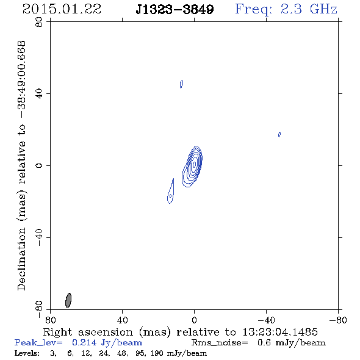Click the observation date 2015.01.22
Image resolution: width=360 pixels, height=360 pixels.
(x=62, y=9)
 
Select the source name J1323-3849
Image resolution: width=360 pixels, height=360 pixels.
(x=175, y=9)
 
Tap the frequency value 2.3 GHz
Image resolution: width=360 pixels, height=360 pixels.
(x=309, y=9)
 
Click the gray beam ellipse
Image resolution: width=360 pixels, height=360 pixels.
(x=68, y=300)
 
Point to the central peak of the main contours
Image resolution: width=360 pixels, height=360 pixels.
(x=195, y=164)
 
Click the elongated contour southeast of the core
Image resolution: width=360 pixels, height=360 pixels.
(x=171, y=191)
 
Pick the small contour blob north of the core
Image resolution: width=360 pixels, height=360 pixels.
(x=181, y=84)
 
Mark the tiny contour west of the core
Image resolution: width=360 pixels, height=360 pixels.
(x=279, y=134)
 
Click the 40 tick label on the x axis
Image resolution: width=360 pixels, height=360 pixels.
(x=123, y=320)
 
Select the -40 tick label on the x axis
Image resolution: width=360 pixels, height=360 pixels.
(x=266, y=320)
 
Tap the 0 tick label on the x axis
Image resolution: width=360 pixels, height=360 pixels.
(x=194, y=320)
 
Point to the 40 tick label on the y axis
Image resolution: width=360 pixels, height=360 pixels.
(x=39, y=94)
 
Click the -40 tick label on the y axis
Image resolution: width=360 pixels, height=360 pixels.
(x=39, y=237)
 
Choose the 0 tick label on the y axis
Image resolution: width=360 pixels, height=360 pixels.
(x=39, y=165)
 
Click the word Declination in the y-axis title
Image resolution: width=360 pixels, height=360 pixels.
(x=21, y=259)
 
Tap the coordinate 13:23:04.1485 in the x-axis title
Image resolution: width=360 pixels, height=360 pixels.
(x=280, y=332)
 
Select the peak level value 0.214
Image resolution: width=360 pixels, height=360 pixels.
(x=84, y=342)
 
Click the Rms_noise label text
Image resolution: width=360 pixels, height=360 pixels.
(x=220, y=342)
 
